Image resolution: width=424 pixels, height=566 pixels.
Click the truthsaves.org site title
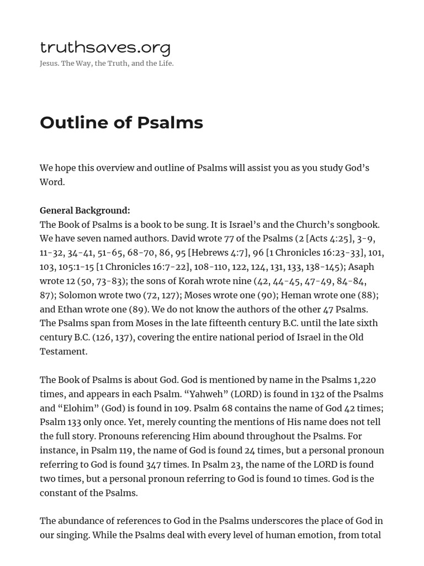coord(105,48)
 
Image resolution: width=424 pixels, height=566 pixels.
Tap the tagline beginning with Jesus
coord(107,64)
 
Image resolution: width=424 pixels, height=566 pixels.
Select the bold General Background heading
coord(85,211)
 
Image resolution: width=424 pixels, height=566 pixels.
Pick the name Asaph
coord(361,267)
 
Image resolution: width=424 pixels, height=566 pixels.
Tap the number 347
coord(153,464)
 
